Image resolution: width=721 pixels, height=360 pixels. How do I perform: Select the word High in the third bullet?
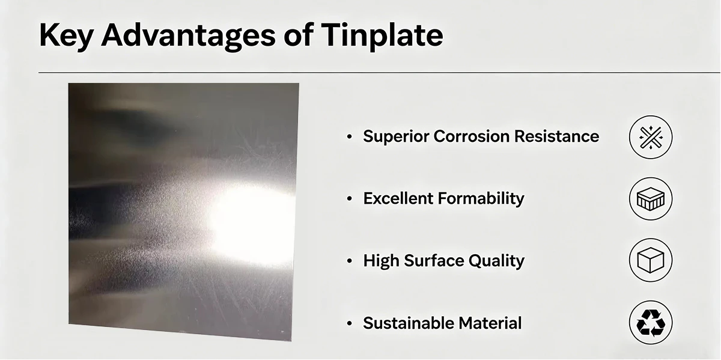382,261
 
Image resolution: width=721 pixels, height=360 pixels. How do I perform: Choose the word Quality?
497,261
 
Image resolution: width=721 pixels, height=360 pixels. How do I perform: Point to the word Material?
490,323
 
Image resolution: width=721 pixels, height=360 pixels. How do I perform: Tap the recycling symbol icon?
651,323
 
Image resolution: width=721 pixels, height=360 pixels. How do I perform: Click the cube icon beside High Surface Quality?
651,261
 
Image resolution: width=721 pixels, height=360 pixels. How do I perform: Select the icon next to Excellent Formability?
651,199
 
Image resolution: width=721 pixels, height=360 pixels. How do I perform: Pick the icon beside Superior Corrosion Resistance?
651,137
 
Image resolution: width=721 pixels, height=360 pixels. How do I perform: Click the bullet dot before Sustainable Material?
350,323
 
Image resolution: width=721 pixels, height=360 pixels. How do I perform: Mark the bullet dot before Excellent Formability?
350,199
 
